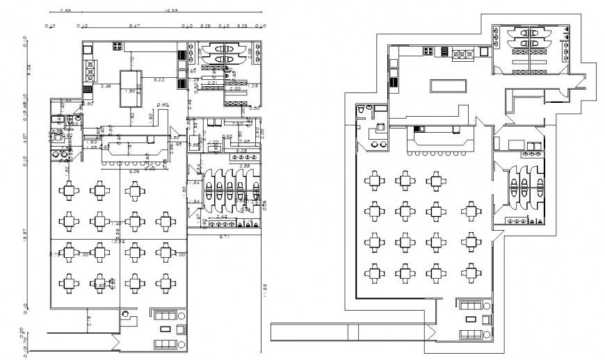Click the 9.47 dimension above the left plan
pos(135,26)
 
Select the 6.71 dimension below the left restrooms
pos(225,237)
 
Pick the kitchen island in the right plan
pos(448,85)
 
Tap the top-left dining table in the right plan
pos(373,181)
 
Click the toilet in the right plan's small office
pos(360,111)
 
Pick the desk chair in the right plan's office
pos(380,127)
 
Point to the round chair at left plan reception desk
pos(125,315)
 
